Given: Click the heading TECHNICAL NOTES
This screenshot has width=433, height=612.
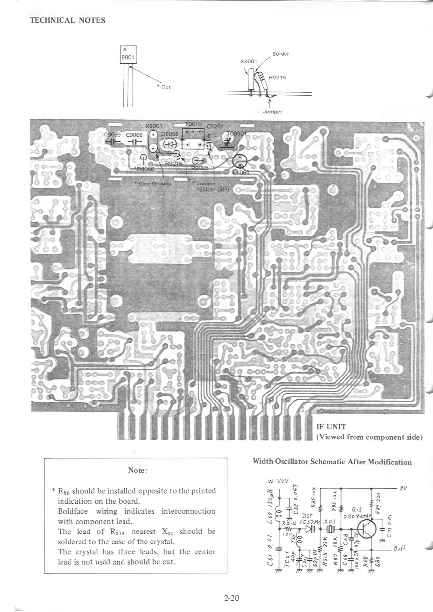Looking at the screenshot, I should pyautogui.click(x=67, y=20).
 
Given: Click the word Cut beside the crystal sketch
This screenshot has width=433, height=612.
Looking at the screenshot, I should pyautogui.click(x=166, y=87).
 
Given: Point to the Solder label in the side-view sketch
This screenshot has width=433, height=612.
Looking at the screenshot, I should pyautogui.click(x=281, y=54).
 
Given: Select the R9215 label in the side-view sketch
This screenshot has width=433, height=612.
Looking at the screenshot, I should pyautogui.click(x=277, y=77).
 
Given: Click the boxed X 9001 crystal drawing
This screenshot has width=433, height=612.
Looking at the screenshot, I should pyautogui.click(x=128, y=55).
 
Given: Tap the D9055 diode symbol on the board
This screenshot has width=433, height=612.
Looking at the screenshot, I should pyautogui.click(x=170, y=144).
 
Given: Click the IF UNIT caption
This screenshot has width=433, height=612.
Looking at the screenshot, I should pyautogui.click(x=331, y=427).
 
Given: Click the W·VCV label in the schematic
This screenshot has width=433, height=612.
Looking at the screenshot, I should pyautogui.click(x=278, y=481).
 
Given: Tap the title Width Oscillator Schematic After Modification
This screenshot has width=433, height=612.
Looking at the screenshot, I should pyautogui.click(x=332, y=462).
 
